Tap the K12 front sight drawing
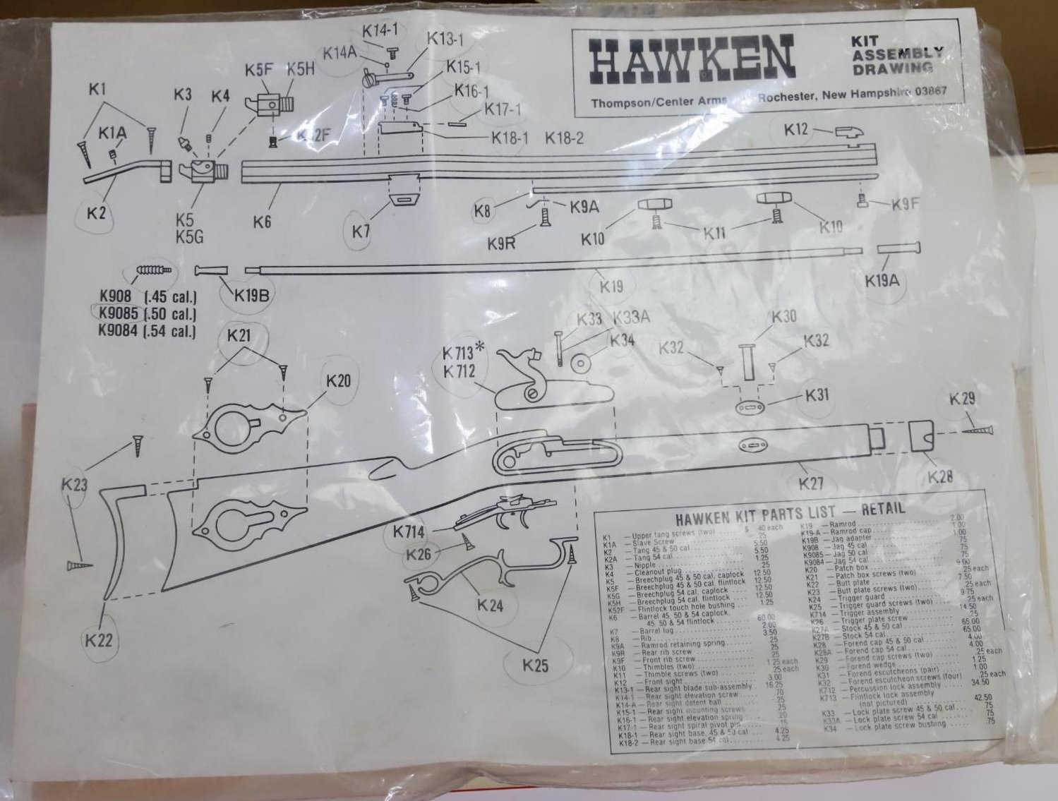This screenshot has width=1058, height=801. [846, 132]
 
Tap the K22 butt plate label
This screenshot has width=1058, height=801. [100, 641]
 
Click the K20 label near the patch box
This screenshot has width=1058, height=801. [338, 380]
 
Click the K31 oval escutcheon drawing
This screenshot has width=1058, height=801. [749, 408]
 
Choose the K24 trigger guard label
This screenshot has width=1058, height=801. [490, 605]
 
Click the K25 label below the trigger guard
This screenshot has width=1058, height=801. [536, 664]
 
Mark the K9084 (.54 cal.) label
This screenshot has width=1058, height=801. [147, 330]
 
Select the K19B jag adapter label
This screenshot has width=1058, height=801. [253, 295]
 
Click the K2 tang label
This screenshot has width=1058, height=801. [96, 211]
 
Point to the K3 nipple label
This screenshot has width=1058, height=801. [183, 95]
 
